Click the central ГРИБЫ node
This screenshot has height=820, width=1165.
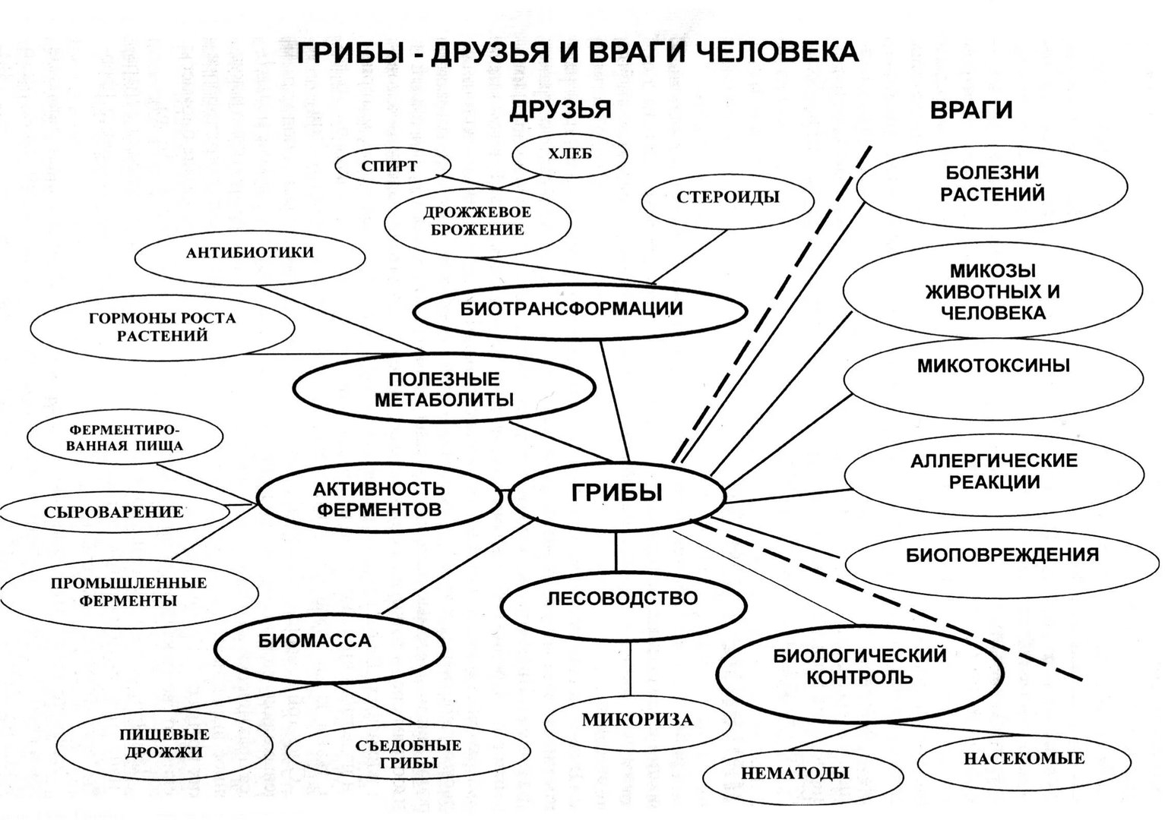tap(616, 494)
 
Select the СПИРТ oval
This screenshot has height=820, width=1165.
tap(390, 166)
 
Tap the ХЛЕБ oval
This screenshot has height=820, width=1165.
tap(570, 155)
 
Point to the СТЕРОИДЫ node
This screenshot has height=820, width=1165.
tap(728, 197)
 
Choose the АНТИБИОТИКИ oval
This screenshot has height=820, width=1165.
tap(249, 253)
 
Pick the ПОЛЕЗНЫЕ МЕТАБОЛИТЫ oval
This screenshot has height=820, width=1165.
tap(444, 389)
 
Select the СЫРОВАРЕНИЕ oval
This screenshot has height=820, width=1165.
tap(114, 512)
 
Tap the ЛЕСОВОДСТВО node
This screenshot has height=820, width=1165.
tap(621, 598)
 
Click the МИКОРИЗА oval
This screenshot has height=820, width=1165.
tap(638, 720)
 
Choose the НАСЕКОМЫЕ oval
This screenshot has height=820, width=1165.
tap(1024, 758)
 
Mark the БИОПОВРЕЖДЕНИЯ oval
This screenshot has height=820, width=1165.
tap(1002, 555)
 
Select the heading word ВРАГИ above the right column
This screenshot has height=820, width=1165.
tap(971, 111)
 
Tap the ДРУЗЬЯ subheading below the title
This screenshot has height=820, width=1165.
tap(560, 110)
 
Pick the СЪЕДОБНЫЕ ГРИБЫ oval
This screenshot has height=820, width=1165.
tap(408, 755)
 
